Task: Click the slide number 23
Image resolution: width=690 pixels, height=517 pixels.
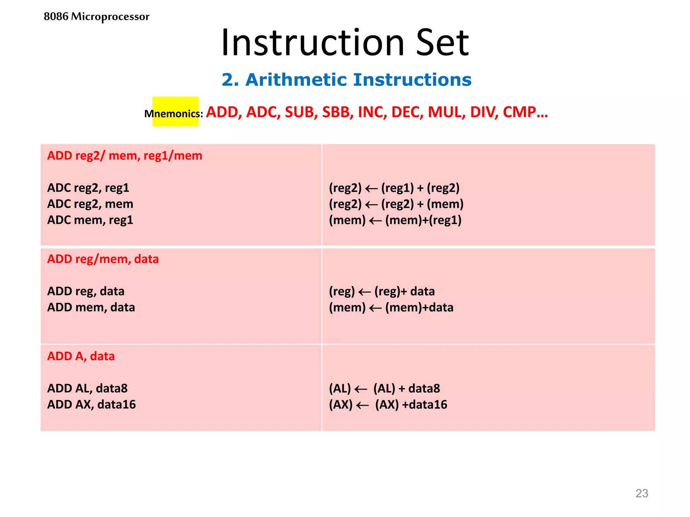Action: [x=641, y=493]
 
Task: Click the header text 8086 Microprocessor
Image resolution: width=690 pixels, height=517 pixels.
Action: [x=96, y=16]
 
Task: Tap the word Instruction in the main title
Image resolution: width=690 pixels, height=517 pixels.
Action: [x=312, y=43]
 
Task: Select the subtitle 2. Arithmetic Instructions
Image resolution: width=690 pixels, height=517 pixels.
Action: [x=346, y=80]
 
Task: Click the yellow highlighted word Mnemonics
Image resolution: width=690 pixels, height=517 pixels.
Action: [x=172, y=113]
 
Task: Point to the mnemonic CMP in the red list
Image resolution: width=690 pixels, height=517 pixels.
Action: [x=520, y=112]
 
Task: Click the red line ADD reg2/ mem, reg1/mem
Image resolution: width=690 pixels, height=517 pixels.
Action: [x=125, y=156]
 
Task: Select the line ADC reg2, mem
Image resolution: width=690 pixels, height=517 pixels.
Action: [x=90, y=204]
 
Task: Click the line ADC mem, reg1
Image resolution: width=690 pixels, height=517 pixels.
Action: [x=90, y=220]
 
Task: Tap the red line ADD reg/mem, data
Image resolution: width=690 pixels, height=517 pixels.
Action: [x=103, y=259]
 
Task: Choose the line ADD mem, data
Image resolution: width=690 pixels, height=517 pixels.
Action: [x=91, y=307]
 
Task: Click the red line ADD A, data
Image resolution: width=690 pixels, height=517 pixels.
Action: [x=81, y=356]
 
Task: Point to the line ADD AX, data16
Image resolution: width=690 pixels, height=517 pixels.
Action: [x=91, y=404]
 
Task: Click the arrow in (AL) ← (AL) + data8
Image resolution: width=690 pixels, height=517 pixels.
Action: [x=361, y=389]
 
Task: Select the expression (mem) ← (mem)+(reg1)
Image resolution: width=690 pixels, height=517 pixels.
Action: [x=395, y=220]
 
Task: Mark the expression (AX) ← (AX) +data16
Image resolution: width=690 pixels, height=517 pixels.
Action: [x=388, y=404]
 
